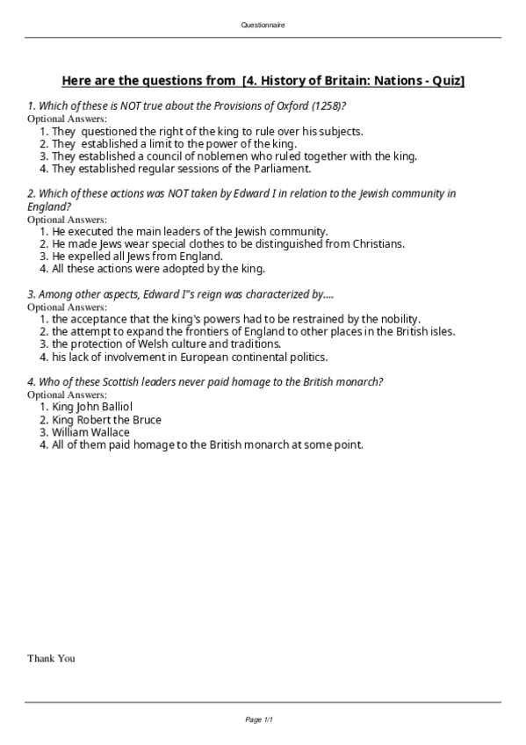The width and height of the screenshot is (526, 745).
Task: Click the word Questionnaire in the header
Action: coord(263,25)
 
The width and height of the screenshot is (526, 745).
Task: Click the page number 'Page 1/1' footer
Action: coord(263,720)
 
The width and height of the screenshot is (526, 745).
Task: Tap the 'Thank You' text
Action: coord(51,658)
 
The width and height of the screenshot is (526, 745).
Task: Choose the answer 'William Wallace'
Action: coord(90,432)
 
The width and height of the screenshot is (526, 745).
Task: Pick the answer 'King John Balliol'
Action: coord(92,407)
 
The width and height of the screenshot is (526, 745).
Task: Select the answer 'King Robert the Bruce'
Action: coord(106,420)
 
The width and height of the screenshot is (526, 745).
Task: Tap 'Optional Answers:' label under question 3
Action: coord(67,307)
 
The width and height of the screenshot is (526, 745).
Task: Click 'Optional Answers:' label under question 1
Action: coord(67,119)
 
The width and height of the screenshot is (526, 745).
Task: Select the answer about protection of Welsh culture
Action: coord(166,344)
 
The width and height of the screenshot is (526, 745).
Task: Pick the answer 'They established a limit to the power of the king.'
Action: coord(174,143)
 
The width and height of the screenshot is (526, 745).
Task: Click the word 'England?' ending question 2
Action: coord(49,206)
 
